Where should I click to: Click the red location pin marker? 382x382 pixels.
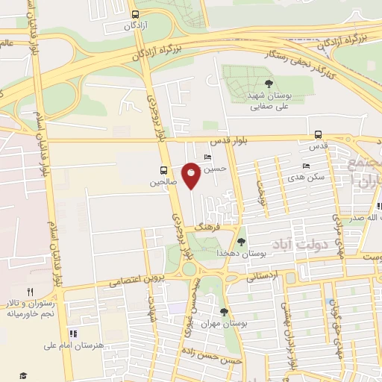tap(192, 174)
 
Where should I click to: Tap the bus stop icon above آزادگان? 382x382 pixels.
tap(134, 13)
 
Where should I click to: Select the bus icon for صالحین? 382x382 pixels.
tap(163, 169)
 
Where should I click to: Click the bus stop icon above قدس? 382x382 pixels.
tap(319, 135)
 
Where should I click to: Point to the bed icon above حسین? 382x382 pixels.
tap(207, 157)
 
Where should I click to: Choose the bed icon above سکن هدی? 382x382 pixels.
tap(306, 166)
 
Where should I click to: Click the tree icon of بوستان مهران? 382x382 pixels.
tap(224, 312)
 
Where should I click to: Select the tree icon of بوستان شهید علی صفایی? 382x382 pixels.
tap(269, 84)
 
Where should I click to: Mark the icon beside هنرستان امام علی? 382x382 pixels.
tap(73, 334)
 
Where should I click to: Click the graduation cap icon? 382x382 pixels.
tap(23, 374)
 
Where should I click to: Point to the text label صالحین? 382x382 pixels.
tap(162, 181)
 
